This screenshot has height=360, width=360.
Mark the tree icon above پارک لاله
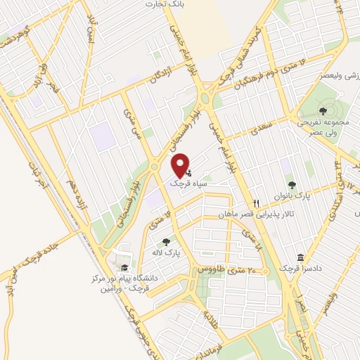(167, 241)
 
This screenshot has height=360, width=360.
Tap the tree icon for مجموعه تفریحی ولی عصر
(323, 110)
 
